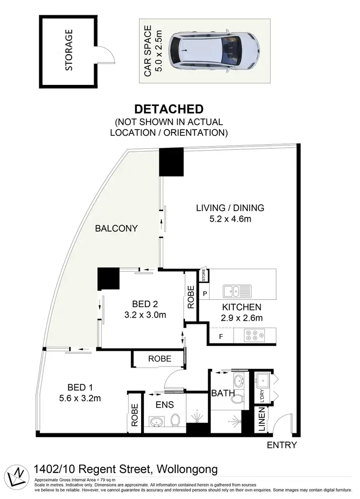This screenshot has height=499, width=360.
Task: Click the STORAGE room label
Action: point(69,50)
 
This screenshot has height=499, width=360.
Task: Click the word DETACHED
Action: point(168,109)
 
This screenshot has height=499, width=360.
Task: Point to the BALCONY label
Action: point(116,228)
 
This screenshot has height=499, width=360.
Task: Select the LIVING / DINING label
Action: point(230,208)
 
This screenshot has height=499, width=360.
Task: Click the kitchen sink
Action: point(237,291)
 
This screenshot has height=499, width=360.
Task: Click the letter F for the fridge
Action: point(221,336)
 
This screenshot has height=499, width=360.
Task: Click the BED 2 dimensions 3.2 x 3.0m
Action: point(145,315)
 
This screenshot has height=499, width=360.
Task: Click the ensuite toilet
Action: point(176,420)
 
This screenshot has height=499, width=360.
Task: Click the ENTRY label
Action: point(282,445)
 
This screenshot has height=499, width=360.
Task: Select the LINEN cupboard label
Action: point(262,420)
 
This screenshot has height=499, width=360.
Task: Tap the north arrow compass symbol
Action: point(16,475)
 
